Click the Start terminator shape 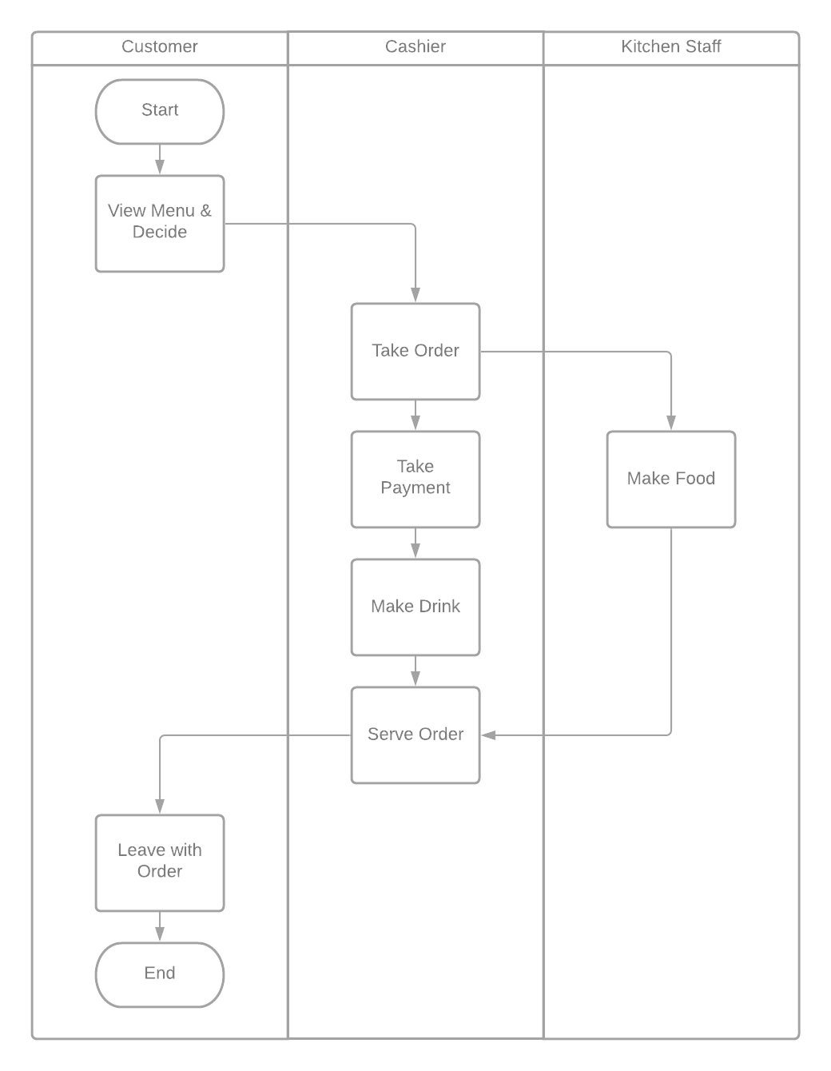pos(160,111)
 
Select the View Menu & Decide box pos(160,223)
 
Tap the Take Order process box pos(415,351)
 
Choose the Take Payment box pos(415,479)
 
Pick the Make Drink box pos(415,607)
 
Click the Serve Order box pos(415,735)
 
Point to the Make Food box pos(671,479)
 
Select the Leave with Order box pos(160,862)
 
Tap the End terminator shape pos(160,974)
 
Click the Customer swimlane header pos(160,47)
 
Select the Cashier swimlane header pos(415,47)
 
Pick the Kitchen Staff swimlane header pos(671,47)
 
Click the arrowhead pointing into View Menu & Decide pos(160,167)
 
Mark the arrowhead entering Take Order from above pos(415,295)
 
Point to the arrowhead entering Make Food pos(671,423)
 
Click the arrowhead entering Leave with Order pos(160,806)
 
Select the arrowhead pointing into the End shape pos(160,934)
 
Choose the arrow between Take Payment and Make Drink pos(415,543)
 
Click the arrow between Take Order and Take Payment pos(415,416)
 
